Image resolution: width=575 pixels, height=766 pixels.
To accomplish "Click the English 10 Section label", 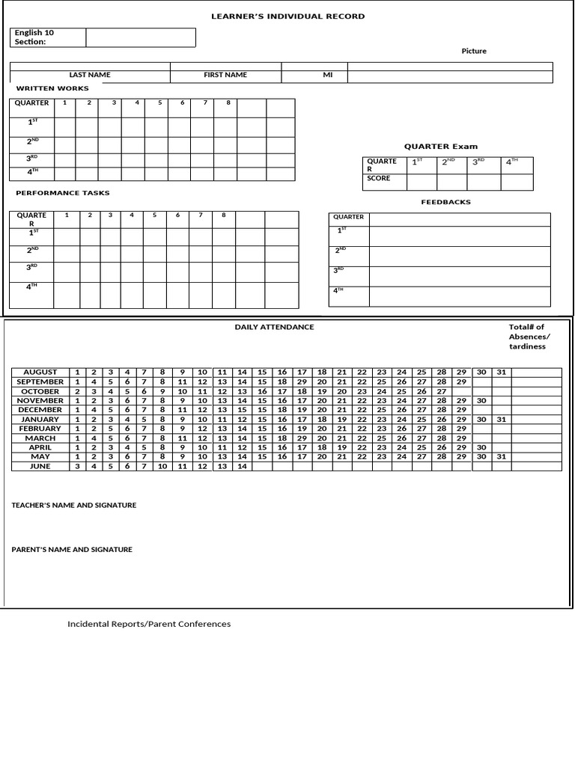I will coord(34,37).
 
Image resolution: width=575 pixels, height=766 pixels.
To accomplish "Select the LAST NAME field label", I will coord(90,75).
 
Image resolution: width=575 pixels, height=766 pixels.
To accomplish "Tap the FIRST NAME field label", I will coord(225,75).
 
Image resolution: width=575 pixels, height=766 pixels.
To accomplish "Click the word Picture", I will coord(473,51).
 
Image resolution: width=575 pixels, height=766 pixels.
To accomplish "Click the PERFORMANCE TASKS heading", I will coord(63,193).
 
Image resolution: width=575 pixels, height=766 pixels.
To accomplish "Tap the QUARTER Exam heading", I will coord(440,147).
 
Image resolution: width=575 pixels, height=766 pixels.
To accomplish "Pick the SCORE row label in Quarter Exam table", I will coord(379,179).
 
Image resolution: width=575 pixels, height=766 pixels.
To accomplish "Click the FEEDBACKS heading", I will coord(445,202).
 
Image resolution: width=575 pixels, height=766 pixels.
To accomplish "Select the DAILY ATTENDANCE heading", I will coord(274,327).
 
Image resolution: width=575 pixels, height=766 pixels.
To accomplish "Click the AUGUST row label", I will coord(40,372).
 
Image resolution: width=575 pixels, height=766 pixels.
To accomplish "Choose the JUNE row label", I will coord(40,466).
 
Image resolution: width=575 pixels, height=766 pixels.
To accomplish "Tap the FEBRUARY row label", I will coord(40,429).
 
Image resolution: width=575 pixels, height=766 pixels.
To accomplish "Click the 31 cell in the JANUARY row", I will coord(501,420).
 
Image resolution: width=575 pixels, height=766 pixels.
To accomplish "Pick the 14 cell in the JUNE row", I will coord(242,466).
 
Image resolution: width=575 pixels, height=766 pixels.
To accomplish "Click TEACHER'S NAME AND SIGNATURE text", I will coord(73,505).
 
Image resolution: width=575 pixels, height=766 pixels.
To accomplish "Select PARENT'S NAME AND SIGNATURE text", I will coord(72,549).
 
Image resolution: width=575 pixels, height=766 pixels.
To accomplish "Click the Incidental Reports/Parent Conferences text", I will coord(149,624).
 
